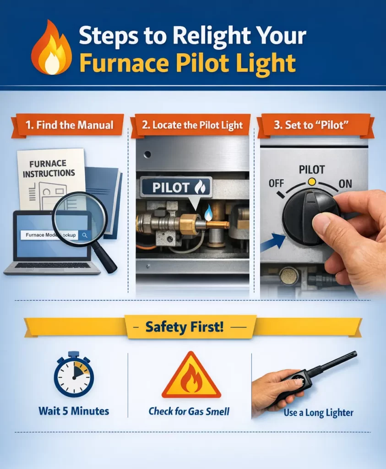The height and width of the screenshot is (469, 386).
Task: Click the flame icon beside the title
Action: click(52, 50)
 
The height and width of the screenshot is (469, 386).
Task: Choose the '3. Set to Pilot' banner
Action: click(315, 125)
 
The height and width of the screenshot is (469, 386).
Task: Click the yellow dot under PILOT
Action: click(312, 182)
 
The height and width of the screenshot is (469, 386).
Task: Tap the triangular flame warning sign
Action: click(191, 376)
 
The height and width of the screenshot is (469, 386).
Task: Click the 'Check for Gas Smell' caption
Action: click(189, 411)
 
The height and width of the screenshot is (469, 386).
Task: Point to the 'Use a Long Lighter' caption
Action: click(318, 412)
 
